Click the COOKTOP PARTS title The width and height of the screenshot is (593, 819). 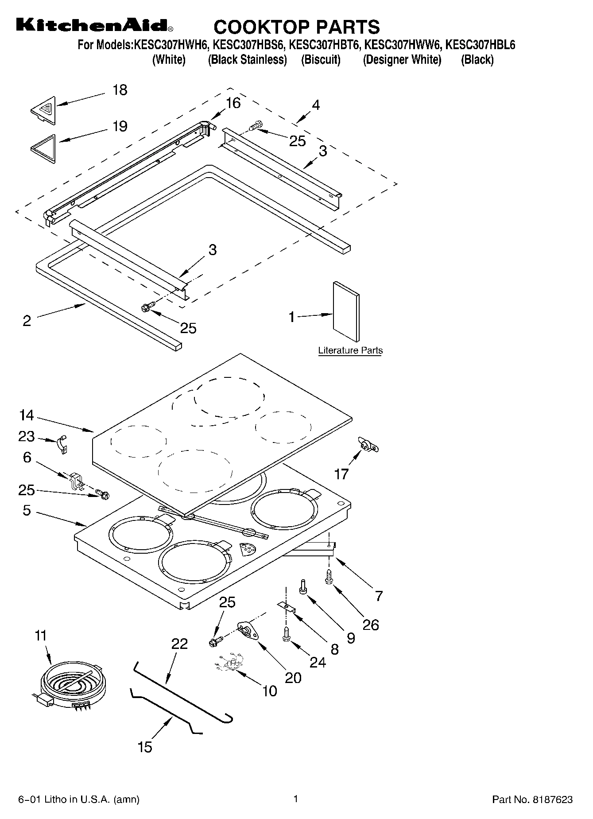pos(296,27)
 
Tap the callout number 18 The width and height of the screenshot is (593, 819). pos(120,90)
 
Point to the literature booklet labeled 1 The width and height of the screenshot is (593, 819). pos(346,312)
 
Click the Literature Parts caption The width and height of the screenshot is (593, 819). pos(350,351)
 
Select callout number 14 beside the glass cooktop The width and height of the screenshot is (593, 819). pos(26,415)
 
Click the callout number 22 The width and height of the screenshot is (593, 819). pos(179,644)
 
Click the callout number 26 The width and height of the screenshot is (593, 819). pos(370,625)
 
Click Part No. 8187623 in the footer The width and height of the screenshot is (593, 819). pos(532,800)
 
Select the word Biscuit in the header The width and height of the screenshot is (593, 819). pos(321,60)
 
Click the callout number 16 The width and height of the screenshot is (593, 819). pos(233,103)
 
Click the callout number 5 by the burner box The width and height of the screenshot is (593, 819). pos(27,510)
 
